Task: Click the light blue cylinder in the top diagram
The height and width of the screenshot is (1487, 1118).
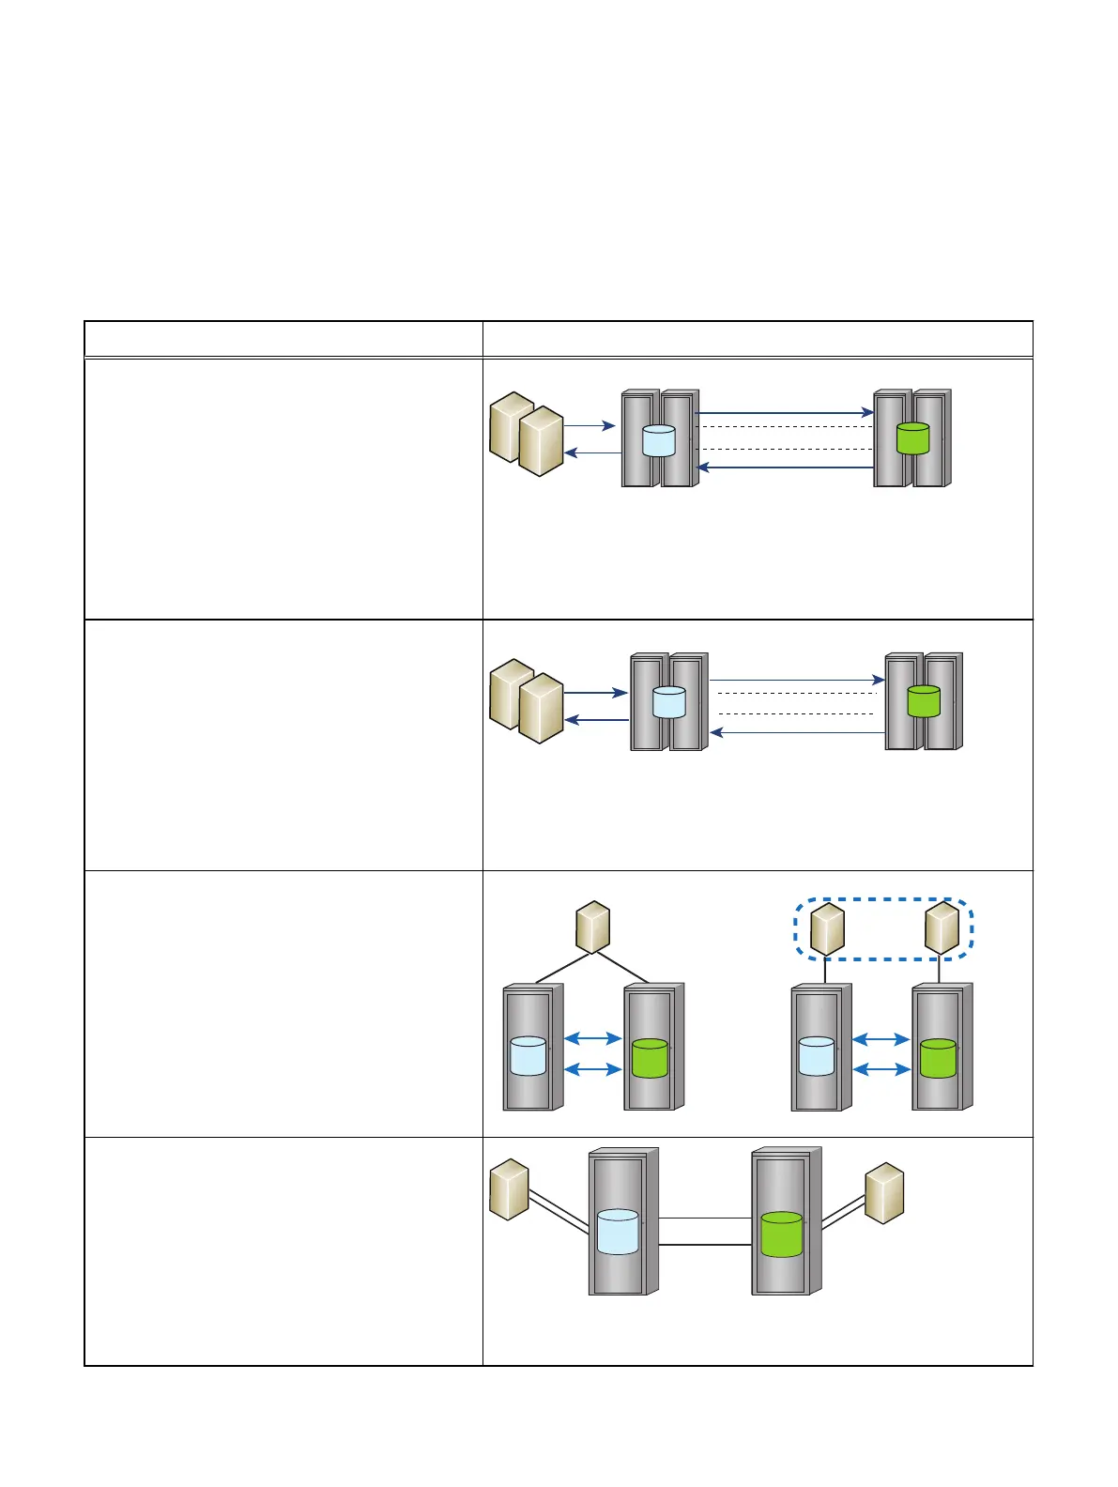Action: tap(658, 440)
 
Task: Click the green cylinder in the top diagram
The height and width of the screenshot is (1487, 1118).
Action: tap(912, 438)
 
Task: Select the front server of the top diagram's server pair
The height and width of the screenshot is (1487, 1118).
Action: tap(541, 441)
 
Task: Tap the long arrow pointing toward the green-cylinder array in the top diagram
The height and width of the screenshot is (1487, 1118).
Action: tap(785, 412)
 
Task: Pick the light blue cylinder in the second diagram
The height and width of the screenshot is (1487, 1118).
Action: tap(668, 702)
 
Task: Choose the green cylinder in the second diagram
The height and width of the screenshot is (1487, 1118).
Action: tap(924, 701)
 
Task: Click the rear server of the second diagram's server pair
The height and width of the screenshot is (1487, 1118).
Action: tap(510, 693)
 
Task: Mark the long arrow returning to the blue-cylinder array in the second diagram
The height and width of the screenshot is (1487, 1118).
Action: tap(798, 732)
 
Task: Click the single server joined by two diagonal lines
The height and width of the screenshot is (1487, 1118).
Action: tap(593, 927)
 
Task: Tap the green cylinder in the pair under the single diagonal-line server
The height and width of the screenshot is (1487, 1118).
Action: tap(650, 1057)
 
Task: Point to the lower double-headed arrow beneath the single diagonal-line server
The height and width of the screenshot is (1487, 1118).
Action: tap(593, 1069)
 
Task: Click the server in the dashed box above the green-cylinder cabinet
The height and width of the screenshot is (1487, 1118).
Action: tap(942, 927)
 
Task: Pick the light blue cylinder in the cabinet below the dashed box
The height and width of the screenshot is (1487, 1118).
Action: tap(816, 1056)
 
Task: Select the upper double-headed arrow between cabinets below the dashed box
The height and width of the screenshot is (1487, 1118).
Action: tap(881, 1039)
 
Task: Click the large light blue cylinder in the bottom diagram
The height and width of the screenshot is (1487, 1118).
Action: tap(618, 1232)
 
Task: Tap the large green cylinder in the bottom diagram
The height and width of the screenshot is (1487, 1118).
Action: tap(781, 1234)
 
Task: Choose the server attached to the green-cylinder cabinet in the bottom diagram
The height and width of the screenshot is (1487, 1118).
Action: tap(883, 1193)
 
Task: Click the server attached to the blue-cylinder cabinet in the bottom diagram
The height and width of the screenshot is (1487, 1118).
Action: tap(510, 1189)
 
